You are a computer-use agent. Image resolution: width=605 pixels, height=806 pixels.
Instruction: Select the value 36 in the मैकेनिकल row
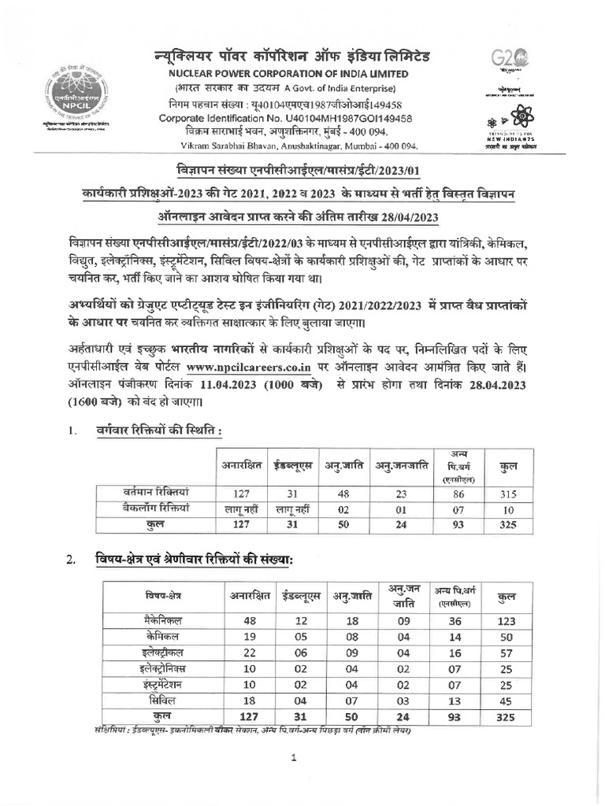(x=454, y=620)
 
